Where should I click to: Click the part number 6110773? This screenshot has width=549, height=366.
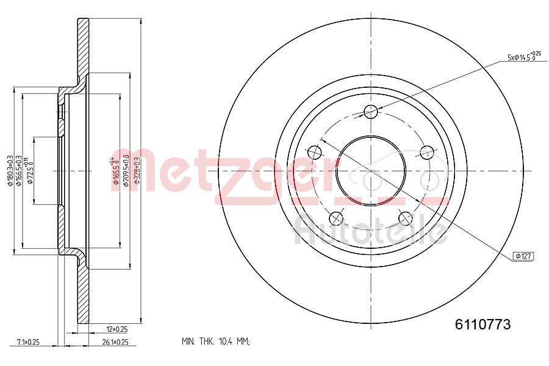[x=483, y=325]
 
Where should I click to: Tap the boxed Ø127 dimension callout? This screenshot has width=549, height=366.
[x=523, y=256]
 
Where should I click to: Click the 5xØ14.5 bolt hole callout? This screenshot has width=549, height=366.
[x=523, y=57]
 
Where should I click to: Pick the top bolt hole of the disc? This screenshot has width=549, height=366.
[x=371, y=111]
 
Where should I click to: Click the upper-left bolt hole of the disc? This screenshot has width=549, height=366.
[x=315, y=152]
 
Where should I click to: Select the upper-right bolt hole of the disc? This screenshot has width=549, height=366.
[x=427, y=152]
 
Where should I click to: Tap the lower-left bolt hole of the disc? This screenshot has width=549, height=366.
[x=336, y=218]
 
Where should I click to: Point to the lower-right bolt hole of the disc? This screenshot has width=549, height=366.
[x=406, y=218]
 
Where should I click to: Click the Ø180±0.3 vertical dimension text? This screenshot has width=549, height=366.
[x=10, y=170]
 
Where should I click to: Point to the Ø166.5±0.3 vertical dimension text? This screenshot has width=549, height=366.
[x=20, y=170]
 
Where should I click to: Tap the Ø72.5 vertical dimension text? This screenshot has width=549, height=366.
[x=29, y=170]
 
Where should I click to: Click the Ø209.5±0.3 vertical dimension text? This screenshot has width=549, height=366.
[x=126, y=170]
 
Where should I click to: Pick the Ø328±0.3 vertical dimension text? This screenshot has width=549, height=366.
[x=137, y=170]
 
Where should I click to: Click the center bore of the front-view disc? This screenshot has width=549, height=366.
[x=371, y=170]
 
